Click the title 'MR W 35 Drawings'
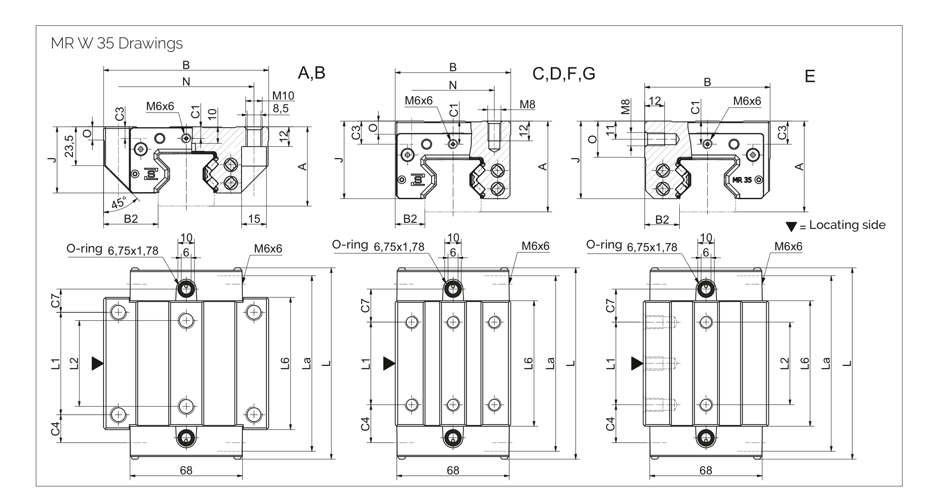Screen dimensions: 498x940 pyautogui.click(x=117, y=44)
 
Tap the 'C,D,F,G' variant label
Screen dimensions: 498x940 pyautogui.click(x=563, y=74)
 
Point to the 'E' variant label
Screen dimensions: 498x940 pyautogui.click(x=809, y=77)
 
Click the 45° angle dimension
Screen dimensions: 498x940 pyautogui.click(x=118, y=203)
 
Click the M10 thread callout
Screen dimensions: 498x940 pyautogui.click(x=283, y=96)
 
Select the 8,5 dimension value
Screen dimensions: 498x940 pyautogui.click(x=281, y=108)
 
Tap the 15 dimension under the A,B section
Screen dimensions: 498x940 pyautogui.click(x=254, y=219)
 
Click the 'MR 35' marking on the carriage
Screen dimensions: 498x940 pyautogui.click(x=742, y=180)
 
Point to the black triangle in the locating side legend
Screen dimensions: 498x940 pyautogui.click(x=791, y=226)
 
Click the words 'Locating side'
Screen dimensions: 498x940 pyautogui.click(x=847, y=225)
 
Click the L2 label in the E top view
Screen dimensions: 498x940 pyautogui.click(x=784, y=363)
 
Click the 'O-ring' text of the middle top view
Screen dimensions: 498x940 pyautogui.click(x=350, y=245)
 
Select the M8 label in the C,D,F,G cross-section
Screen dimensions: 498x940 pyautogui.click(x=527, y=104)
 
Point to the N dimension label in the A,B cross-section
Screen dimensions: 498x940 pyautogui.click(x=186, y=81)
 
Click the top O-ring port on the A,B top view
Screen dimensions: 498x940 pyautogui.click(x=187, y=288)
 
